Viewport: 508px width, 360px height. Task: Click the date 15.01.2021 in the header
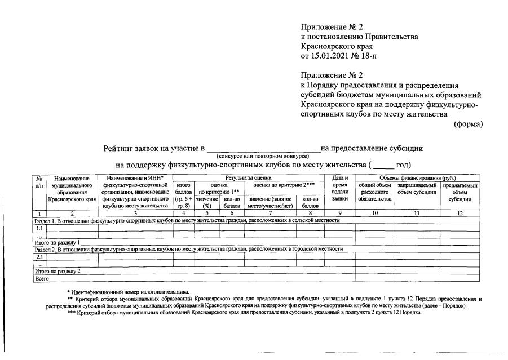coord(332,57)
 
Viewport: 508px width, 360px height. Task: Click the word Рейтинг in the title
coord(120,149)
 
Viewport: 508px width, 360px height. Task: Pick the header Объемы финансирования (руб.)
coord(418,178)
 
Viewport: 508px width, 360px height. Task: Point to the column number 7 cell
coord(270,214)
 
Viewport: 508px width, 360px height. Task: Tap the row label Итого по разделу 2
coord(57,271)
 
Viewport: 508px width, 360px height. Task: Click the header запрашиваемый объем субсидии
coord(417,189)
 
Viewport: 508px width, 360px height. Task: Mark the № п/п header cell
coord(39,181)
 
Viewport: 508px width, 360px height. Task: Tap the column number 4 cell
coord(183,214)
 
